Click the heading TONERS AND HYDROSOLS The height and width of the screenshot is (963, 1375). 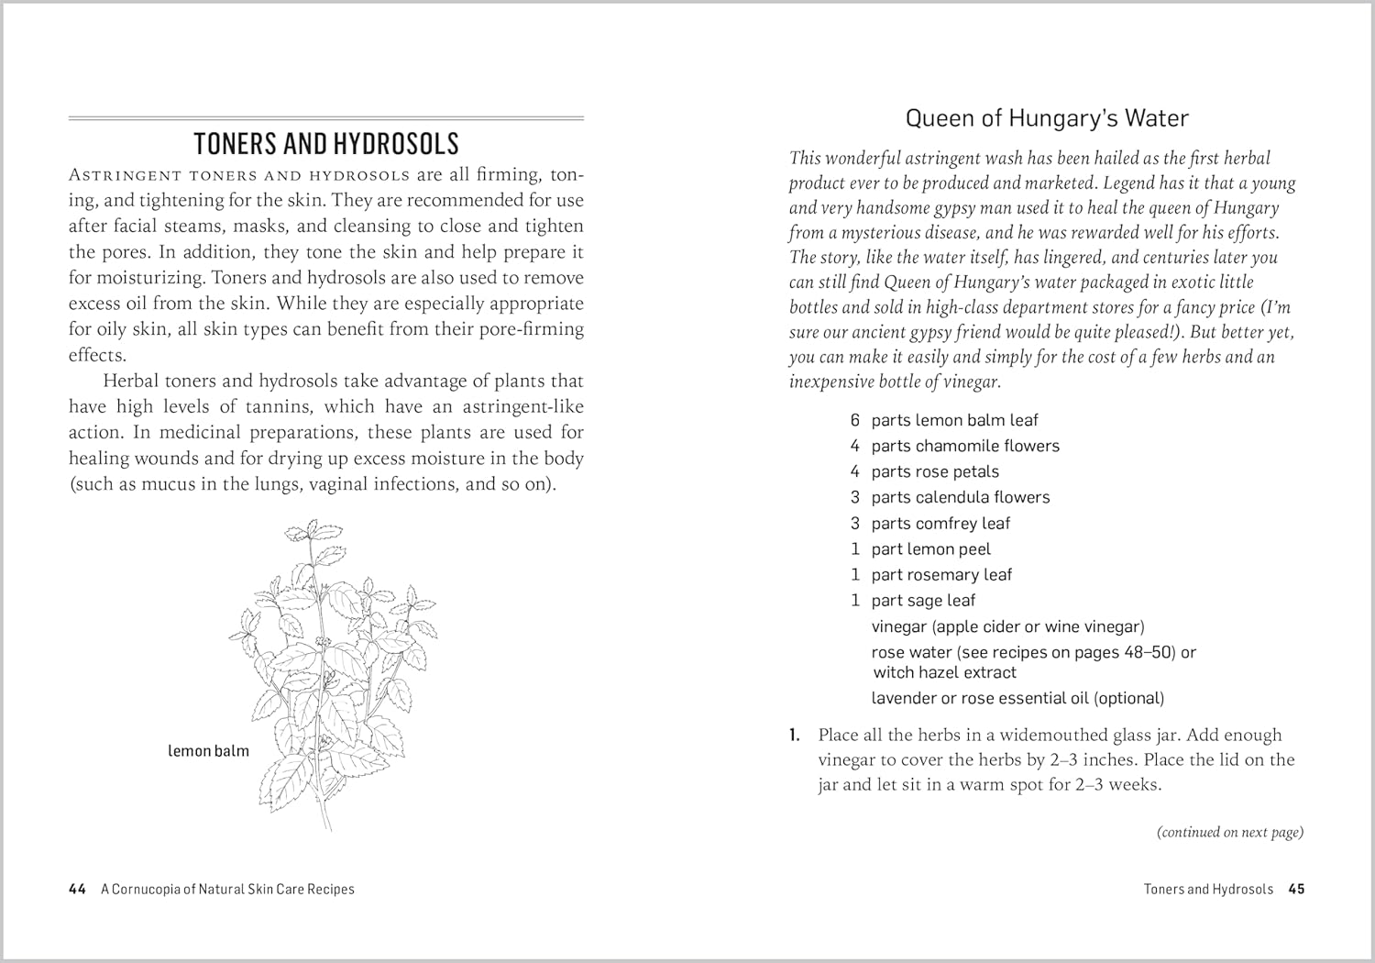coord(326,144)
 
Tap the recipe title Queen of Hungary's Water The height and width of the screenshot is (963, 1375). coord(1046,118)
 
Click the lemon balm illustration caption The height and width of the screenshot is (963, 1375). coord(208,751)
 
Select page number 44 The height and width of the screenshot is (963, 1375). coord(77,889)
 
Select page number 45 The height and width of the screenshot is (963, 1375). coord(1296,889)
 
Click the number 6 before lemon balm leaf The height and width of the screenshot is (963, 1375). coord(854,420)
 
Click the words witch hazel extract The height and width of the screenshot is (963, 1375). coord(944,672)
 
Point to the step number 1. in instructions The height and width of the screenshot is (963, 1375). coord(795,735)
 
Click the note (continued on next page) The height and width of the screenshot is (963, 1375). coord(1229,832)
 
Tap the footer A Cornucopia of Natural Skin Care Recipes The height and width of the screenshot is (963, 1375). coord(227,889)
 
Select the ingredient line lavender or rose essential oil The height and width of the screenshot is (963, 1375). coord(1017,698)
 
